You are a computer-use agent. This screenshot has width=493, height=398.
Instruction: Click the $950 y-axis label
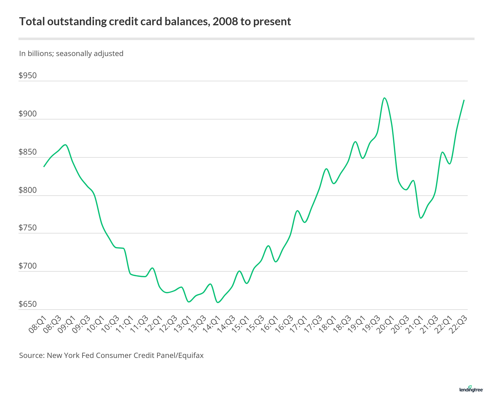(28, 75)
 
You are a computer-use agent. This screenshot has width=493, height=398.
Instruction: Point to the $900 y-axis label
(28, 114)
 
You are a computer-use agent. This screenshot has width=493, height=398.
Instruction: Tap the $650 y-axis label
(28, 304)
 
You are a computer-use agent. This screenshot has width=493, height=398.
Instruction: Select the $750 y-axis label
(28, 228)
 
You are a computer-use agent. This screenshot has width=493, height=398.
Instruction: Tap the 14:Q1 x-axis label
(211, 324)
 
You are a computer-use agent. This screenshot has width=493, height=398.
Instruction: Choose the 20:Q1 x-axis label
(385, 324)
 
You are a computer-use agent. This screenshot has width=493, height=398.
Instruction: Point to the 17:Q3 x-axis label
(313, 324)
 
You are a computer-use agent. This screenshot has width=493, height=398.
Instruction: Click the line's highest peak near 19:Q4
(384, 98)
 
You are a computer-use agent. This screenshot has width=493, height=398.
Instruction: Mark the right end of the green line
(464, 100)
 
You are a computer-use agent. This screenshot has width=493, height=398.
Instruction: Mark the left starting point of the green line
(44, 167)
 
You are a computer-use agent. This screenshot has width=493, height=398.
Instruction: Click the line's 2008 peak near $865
(65, 144)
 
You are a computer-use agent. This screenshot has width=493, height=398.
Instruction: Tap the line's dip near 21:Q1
(421, 218)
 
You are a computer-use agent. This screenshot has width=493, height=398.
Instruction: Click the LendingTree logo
(471, 389)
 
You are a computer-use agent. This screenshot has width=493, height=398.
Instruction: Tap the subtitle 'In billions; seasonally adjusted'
(71, 54)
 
